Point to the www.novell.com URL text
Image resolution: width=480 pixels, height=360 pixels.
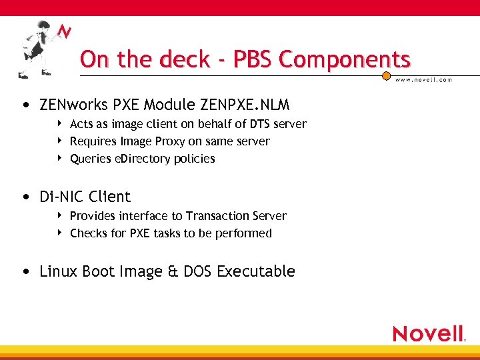tap(424, 79)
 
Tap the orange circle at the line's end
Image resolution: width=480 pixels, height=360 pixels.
tap(386, 77)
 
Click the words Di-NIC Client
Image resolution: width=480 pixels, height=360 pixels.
tap(85, 197)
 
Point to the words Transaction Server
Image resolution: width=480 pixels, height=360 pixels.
tap(236, 216)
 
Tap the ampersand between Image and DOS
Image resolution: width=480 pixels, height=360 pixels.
tap(173, 272)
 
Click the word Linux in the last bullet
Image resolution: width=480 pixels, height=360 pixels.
tap(59, 271)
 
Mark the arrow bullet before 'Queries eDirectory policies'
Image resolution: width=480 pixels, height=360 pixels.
tap(60, 158)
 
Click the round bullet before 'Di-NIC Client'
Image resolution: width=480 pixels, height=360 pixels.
tap(25, 197)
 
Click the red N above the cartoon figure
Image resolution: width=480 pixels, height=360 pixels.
tap(64, 31)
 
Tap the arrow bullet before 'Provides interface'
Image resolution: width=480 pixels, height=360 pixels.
tap(60, 215)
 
